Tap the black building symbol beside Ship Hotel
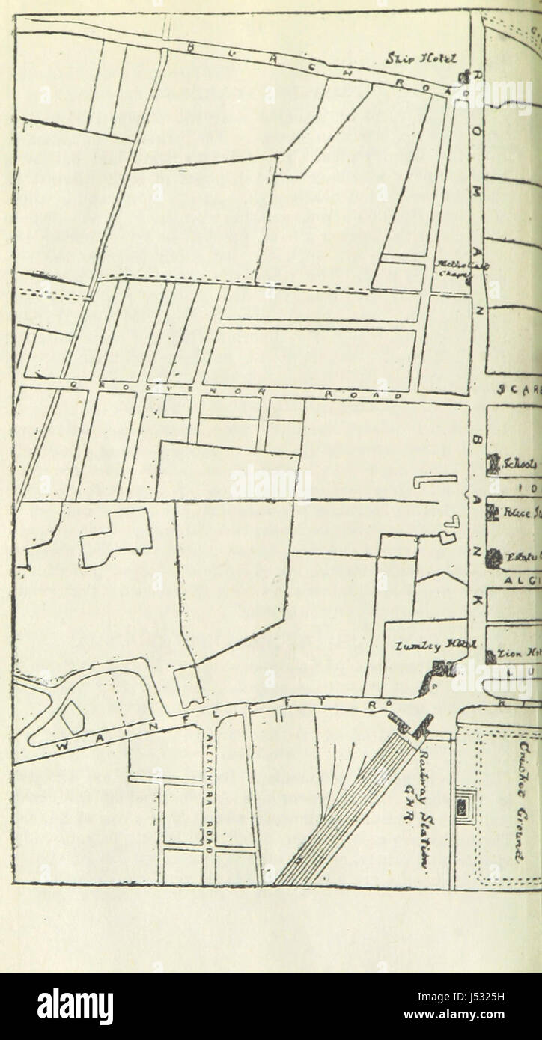[x=462, y=77]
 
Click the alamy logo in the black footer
[x=75, y=1006]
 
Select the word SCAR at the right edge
[x=517, y=389]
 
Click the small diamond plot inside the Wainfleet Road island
[x=73, y=718]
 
